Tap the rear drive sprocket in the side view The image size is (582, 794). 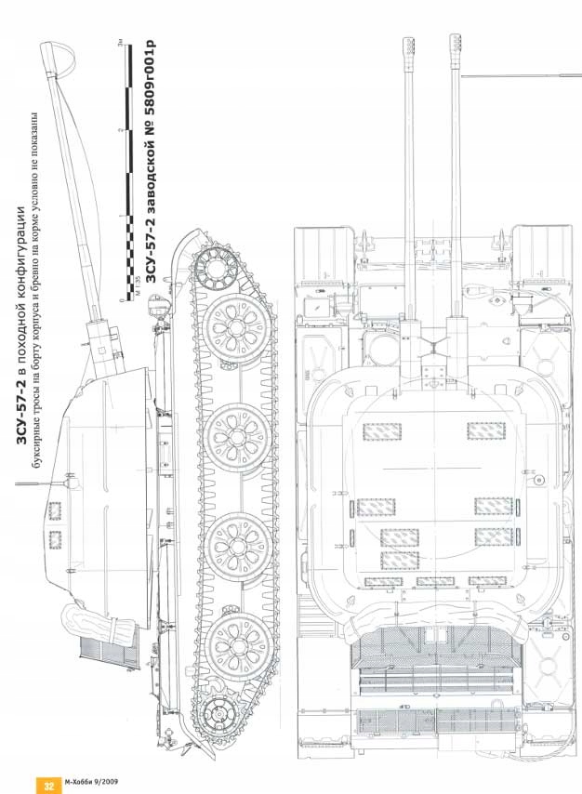(x=219, y=716)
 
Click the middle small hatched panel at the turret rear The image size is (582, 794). (x=435, y=581)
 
